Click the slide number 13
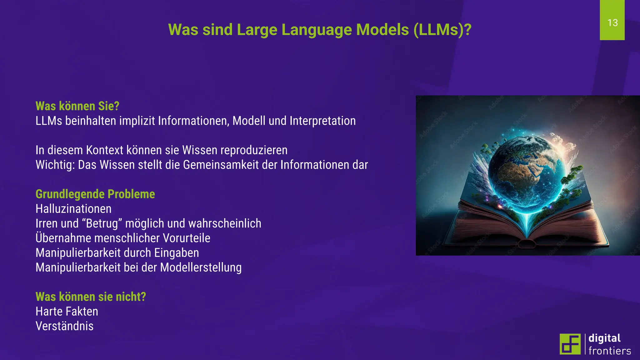click(612, 23)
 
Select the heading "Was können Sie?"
click(77, 106)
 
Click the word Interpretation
click(322, 121)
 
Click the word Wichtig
click(55, 165)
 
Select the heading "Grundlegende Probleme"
click(95, 194)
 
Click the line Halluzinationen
click(73, 209)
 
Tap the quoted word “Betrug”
click(103, 223)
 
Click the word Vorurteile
click(187, 238)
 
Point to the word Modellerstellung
click(201, 267)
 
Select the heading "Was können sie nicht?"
click(91, 297)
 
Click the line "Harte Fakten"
click(67, 312)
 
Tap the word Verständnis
click(65, 326)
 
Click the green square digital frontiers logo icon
click(570, 344)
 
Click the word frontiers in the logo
click(610, 351)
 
